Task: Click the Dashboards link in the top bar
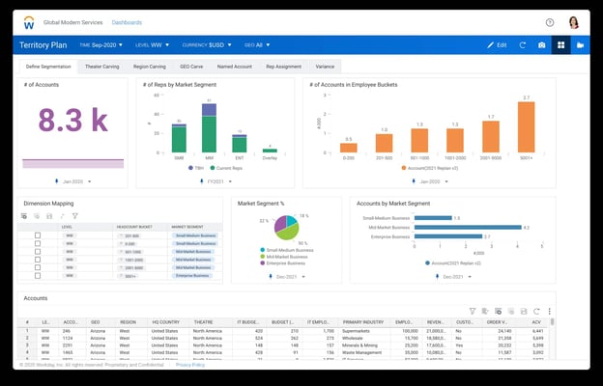pos(126,22)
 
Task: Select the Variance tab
pos(326,67)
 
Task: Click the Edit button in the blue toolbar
pos(497,45)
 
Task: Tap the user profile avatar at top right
pos(573,22)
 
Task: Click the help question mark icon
pos(550,22)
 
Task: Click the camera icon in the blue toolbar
pos(541,45)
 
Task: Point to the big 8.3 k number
pos(72,121)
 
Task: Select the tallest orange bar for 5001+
pos(526,127)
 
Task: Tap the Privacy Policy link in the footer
pos(189,365)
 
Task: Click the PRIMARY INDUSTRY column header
pos(363,321)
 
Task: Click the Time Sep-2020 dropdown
pos(100,45)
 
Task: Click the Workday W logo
pos(29,21)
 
